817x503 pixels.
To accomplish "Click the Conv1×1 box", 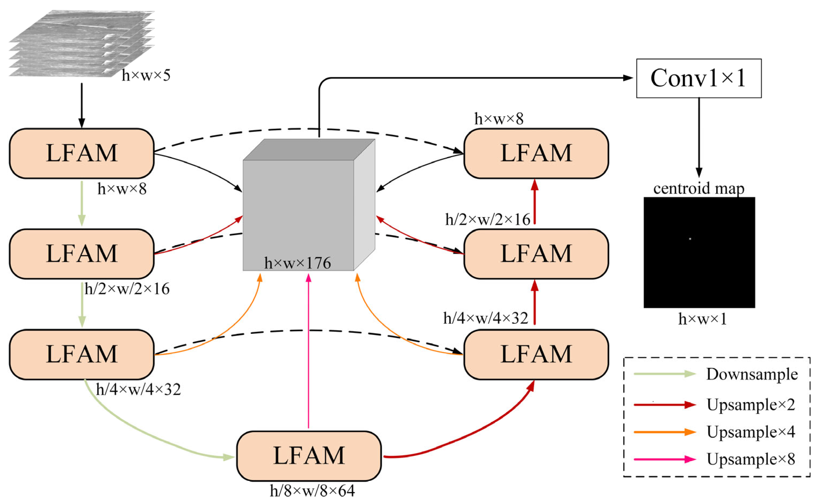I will [x=699, y=78].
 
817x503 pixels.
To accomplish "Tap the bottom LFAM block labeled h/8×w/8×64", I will [x=309, y=456].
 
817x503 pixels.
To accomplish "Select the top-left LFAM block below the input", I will [x=81, y=153].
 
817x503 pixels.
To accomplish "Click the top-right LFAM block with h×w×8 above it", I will [x=536, y=153].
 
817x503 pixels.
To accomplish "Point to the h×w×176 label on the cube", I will [x=297, y=263].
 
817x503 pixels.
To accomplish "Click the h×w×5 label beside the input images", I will [x=146, y=75].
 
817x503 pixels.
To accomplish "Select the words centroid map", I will [x=699, y=188].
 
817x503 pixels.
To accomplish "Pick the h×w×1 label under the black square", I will [x=702, y=319].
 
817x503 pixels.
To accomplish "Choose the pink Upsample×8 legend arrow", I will [x=664, y=459].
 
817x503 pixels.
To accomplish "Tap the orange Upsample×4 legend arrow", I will [x=664, y=432].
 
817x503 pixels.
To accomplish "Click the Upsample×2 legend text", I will [x=751, y=405].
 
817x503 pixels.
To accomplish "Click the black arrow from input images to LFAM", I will [x=81, y=105].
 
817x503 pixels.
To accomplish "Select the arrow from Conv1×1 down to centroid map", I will [x=699, y=136].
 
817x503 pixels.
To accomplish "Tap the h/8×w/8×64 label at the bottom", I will [x=312, y=491].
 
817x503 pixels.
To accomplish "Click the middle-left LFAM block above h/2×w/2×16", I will [x=81, y=253].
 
